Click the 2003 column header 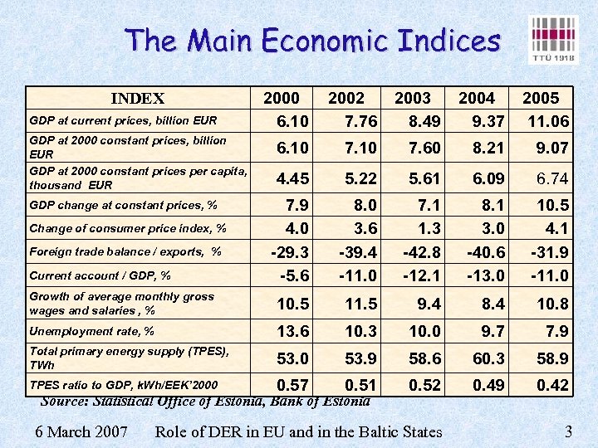pos(412,99)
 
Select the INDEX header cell pos(137,99)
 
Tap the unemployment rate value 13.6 pos(292,332)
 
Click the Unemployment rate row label pos(91,332)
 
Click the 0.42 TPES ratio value pos(552,385)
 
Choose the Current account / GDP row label pos(100,275)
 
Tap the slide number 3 pos(568,431)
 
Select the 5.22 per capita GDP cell pos(360,179)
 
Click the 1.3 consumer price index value pos(429,228)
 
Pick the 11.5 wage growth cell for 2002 pos(360,304)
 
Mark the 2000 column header pos(282,99)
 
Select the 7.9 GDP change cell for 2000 pos(297,205)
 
